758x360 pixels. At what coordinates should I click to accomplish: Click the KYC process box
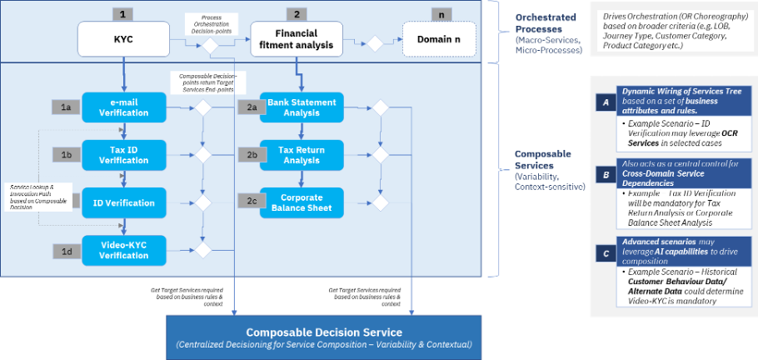123,38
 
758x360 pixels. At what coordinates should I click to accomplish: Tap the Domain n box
440,38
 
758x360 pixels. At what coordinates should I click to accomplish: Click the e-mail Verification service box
124,107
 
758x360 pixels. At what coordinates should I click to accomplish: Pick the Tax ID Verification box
124,154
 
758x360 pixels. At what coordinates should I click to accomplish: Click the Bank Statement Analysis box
301,107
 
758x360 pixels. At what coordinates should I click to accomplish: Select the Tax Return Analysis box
301,154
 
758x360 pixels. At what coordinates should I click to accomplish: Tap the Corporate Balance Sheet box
301,202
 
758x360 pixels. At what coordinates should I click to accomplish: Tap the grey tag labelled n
440,14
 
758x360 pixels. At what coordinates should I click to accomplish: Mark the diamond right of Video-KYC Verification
202,248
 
